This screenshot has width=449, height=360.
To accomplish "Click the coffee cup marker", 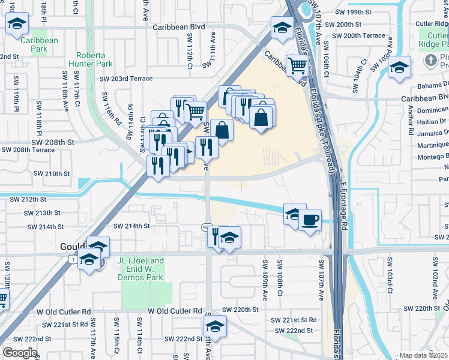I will click(310, 220).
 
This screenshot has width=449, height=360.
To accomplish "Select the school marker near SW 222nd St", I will click(214, 327).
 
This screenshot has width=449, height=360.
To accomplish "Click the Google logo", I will click(20, 353).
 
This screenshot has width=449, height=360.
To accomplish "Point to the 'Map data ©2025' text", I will click(424, 355).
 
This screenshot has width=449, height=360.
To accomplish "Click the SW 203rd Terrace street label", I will click(126, 79).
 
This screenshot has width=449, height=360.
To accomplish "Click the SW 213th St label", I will click(43, 213).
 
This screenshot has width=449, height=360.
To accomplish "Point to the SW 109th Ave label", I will click(264, 273).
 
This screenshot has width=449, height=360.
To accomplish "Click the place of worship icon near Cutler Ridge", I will click(430, 61).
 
